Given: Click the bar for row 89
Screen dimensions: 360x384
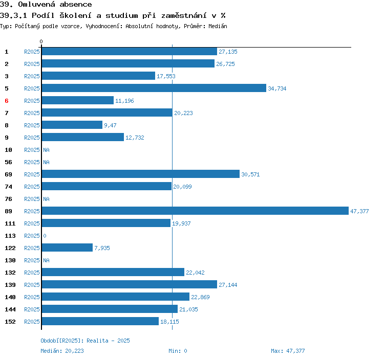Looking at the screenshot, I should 195,211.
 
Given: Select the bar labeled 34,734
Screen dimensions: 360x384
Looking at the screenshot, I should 154,88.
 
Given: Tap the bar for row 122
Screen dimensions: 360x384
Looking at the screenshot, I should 67,247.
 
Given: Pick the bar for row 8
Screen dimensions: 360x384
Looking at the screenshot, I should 72,125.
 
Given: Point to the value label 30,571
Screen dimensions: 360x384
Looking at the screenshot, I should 250,174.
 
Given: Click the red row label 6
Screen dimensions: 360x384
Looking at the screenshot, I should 7,101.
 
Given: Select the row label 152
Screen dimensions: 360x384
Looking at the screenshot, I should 10,322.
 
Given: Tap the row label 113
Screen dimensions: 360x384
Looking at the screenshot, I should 10,236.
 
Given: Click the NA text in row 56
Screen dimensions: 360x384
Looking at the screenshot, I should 46,162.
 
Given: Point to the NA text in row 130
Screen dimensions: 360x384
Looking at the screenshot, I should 46,260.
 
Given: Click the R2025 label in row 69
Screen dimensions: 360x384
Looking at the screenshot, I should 32,174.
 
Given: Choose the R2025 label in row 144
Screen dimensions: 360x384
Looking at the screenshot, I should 32,309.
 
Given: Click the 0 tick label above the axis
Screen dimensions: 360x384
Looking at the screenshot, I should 41,41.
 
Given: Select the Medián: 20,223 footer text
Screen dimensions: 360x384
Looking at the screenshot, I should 62,351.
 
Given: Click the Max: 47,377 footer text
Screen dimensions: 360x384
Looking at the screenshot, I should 288,351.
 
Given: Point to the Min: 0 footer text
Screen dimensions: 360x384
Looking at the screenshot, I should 178,351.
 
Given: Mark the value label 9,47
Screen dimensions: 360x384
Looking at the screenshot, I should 111,125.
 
